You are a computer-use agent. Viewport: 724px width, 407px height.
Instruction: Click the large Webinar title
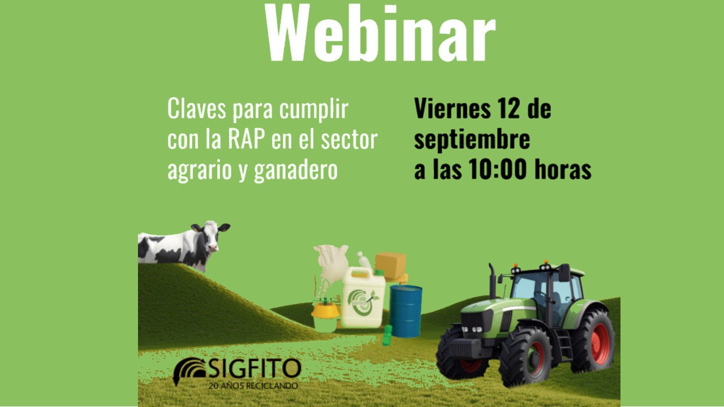pos(380,32)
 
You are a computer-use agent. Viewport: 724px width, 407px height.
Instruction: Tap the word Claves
pos(196,109)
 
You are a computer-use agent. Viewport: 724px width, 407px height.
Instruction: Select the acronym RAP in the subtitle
pos(247,139)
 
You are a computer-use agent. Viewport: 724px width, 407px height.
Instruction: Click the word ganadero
pos(296,171)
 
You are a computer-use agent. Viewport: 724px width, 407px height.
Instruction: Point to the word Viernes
pos(453,109)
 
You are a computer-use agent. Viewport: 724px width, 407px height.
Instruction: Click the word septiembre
pos(472,141)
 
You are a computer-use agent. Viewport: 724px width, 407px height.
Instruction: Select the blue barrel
pos(406,311)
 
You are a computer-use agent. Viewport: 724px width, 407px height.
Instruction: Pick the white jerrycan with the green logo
pos(363,298)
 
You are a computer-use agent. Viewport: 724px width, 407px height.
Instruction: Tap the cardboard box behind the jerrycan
pos(391,265)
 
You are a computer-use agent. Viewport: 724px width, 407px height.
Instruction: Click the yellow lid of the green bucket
pos(325,310)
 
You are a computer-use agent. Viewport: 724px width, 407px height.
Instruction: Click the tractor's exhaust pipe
pos(492,280)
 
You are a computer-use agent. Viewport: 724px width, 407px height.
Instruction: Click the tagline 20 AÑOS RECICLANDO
pos(253,386)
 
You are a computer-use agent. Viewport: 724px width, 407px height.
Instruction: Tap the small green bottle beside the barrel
pos(387,336)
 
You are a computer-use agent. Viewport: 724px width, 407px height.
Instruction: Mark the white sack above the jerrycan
pos(332,262)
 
